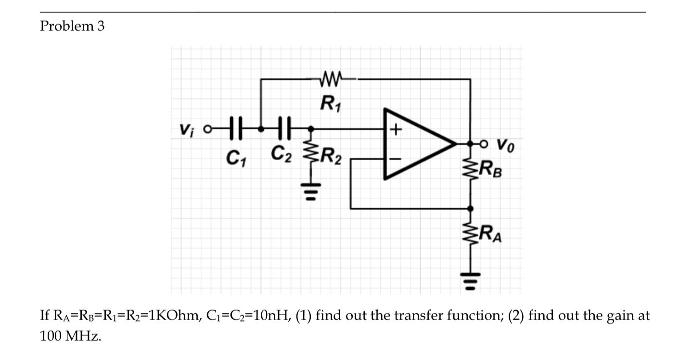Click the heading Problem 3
tap(72, 26)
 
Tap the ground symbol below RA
tap(470, 277)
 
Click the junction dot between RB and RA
tap(470, 208)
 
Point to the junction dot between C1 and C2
tap(260, 129)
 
